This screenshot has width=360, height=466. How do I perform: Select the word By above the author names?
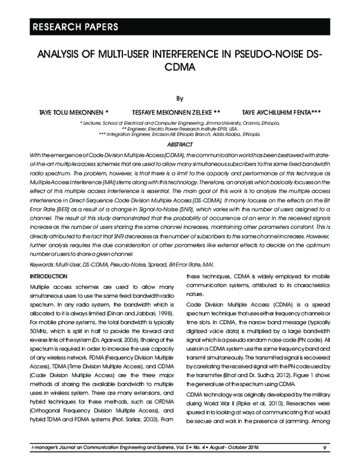(x=179, y=95)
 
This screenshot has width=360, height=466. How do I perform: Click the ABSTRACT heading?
(x=179, y=145)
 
